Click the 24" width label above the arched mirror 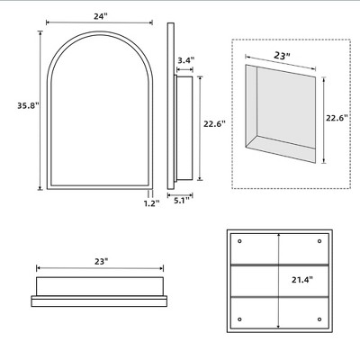[x=98, y=14]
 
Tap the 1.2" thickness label [x=150, y=203]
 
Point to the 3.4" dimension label [x=184, y=60]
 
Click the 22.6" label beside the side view [x=214, y=125]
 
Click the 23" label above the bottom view [x=100, y=261]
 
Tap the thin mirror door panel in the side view [x=167, y=108]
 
